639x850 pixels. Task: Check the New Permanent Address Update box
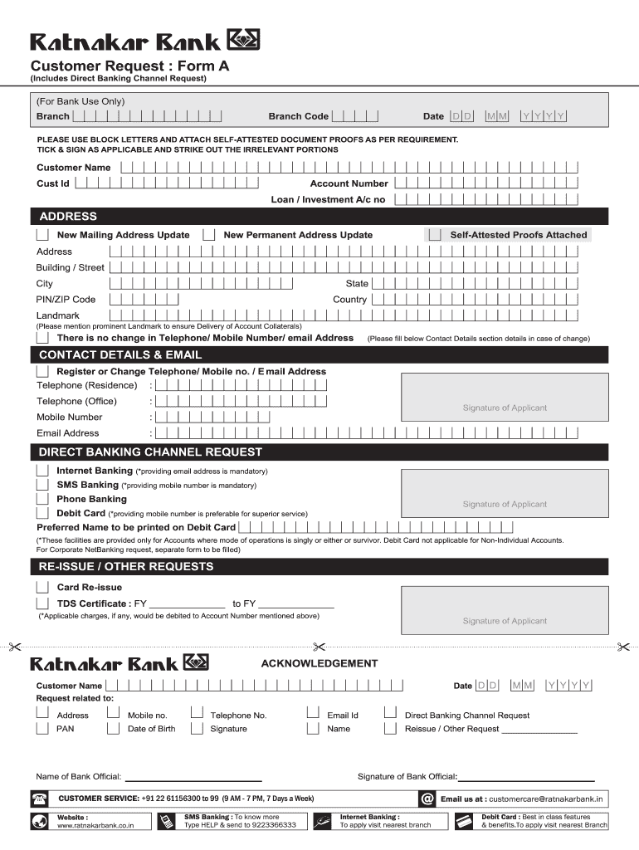click(x=210, y=235)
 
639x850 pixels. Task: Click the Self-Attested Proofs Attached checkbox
click(x=433, y=235)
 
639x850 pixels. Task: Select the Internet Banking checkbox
click(x=42, y=470)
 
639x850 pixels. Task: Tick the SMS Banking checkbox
click(x=42, y=484)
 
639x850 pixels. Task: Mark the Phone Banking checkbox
click(x=42, y=499)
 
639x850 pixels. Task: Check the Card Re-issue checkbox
click(x=42, y=587)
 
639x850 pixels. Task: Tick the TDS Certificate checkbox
click(x=42, y=603)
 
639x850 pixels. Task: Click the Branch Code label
click(x=298, y=116)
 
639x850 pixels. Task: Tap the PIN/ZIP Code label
click(x=66, y=300)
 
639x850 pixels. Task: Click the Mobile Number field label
click(x=70, y=418)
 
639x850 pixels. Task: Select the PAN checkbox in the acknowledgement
click(x=41, y=729)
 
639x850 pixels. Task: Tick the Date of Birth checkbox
click(x=113, y=729)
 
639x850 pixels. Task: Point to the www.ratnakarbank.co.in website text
click(x=95, y=825)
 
